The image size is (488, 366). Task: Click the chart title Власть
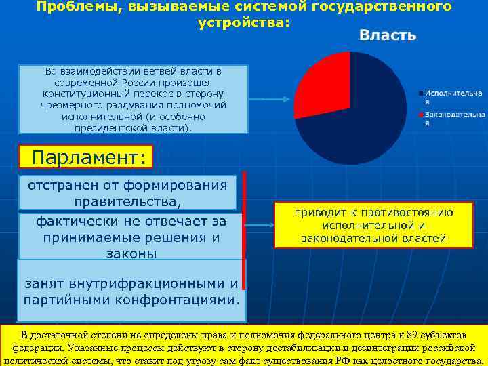click(387, 35)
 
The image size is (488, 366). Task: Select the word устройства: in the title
click(243, 22)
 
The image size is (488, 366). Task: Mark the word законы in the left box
click(131, 253)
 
